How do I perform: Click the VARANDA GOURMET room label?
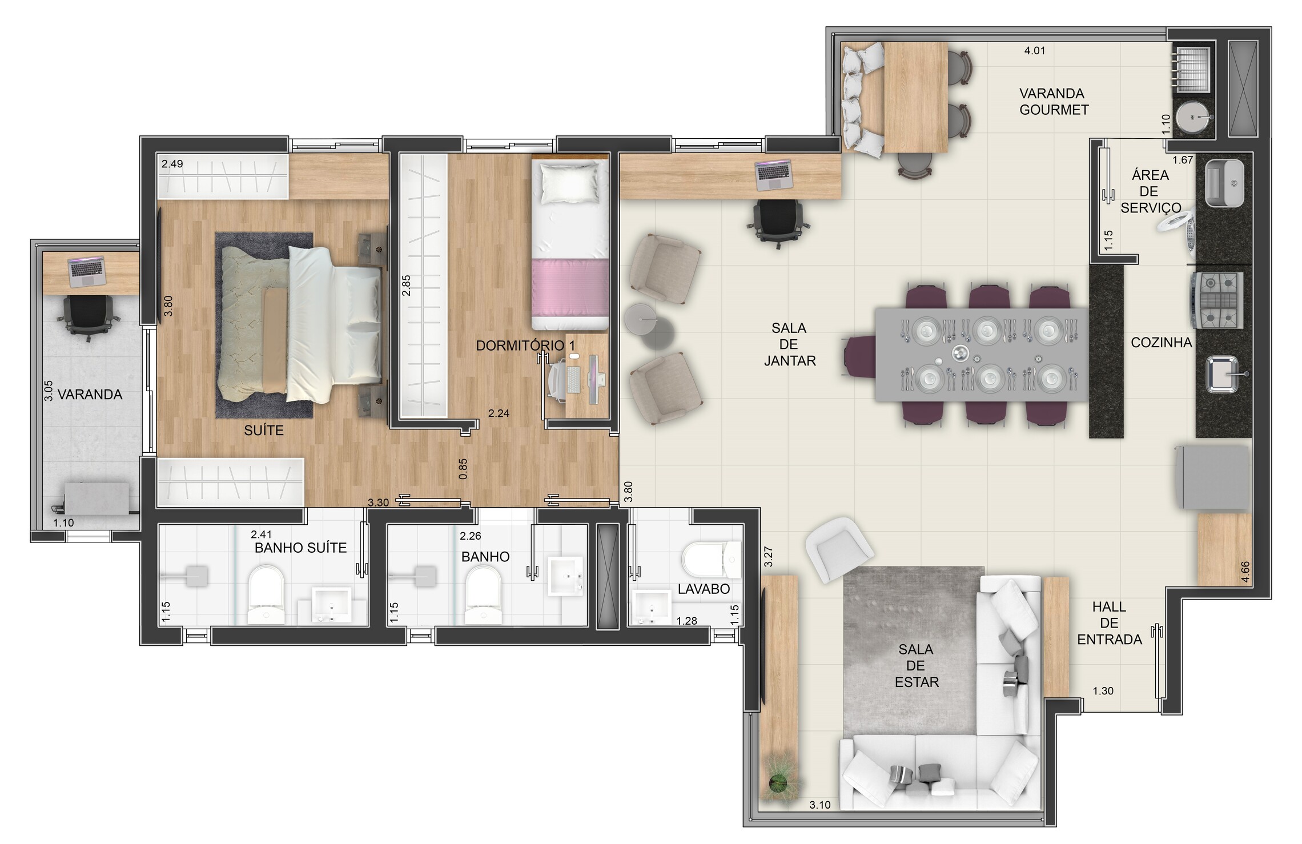[x=1054, y=102]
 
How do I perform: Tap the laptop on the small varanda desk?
[x=86, y=272]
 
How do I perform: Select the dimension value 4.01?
[x=1034, y=51]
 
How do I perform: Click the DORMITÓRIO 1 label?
[x=525, y=345]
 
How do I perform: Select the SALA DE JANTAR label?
[x=789, y=344]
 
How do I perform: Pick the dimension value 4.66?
[x=1245, y=572]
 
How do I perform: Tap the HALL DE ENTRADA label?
[x=1109, y=623]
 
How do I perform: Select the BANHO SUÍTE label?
[x=300, y=548]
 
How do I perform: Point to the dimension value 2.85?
[x=406, y=286]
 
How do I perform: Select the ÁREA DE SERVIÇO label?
[x=1150, y=192]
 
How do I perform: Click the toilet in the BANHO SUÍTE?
[x=266, y=594]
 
